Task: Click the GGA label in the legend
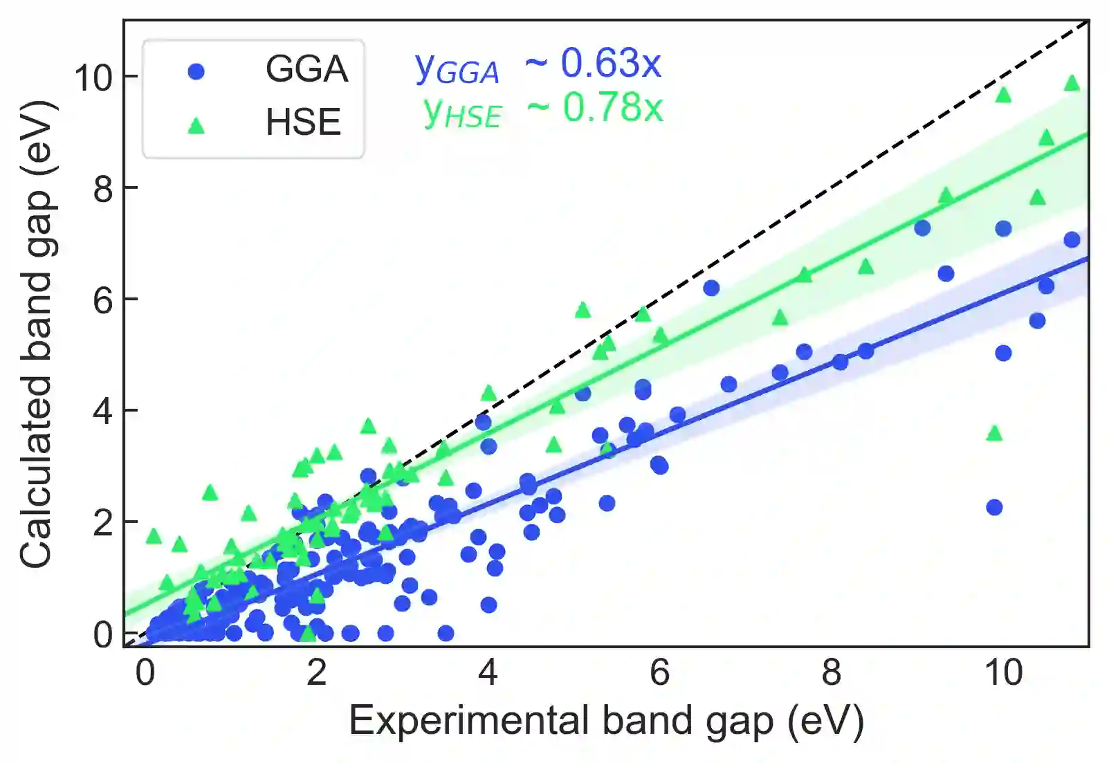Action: pos(306,69)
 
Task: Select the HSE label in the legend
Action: pos(303,122)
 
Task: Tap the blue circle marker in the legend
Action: pos(196,71)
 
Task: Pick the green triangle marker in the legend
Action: pos(196,125)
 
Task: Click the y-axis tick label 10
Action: pos(93,77)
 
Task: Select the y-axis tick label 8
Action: pos(103,188)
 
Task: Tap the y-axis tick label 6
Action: pos(103,300)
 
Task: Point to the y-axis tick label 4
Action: pos(103,412)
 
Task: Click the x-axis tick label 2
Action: pos(316,672)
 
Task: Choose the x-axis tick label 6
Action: pos(659,672)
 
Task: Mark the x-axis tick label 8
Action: pos(831,672)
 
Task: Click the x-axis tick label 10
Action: pos(1003,672)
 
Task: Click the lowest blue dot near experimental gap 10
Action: pos(994,507)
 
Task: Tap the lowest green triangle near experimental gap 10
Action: pos(994,434)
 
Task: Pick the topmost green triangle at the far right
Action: pos(1072,84)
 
